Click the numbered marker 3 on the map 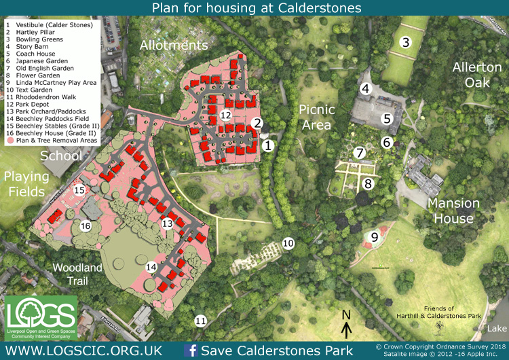(x=406, y=42)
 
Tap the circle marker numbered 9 (x=374, y=237)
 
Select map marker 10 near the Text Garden (x=288, y=242)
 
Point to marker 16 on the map (x=86, y=226)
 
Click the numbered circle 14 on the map (x=151, y=268)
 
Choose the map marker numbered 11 (x=200, y=321)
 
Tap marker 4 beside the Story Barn (x=366, y=88)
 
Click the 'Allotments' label (x=173, y=46)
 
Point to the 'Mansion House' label (x=453, y=211)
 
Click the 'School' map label (x=61, y=156)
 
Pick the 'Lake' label (x=496, y=328)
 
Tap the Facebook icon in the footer (x=191, y=350)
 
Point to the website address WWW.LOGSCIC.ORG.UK (x=83, y=350)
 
